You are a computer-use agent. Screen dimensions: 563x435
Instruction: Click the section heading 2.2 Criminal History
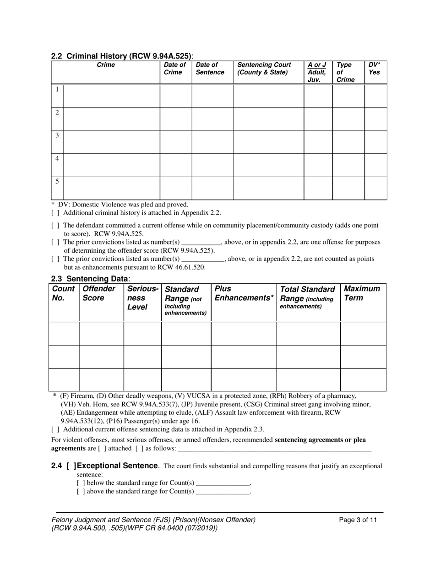tap(122, 56)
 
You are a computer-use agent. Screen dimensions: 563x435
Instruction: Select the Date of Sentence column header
tap(210, 69)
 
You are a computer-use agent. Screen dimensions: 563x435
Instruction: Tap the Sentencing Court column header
tap(264, 69)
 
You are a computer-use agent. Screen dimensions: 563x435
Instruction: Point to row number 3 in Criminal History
tap(57, 135)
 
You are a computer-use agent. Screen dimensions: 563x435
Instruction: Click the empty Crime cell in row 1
tap(111, 96)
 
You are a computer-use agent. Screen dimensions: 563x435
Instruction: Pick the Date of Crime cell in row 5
tap(175, 188)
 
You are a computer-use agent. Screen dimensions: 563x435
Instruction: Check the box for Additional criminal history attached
tap(55, 213)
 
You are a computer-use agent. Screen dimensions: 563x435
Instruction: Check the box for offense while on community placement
tap(55, 226)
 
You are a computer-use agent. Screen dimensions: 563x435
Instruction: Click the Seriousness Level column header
tap(142, 298)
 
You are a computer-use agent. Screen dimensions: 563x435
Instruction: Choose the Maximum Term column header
tap(362, 293)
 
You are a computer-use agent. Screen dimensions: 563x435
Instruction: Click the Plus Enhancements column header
tap(243, 293)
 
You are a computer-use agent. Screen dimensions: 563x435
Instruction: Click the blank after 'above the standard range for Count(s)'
tap(223, 492)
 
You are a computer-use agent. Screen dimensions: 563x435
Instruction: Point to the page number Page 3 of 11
tap(358, 520)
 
